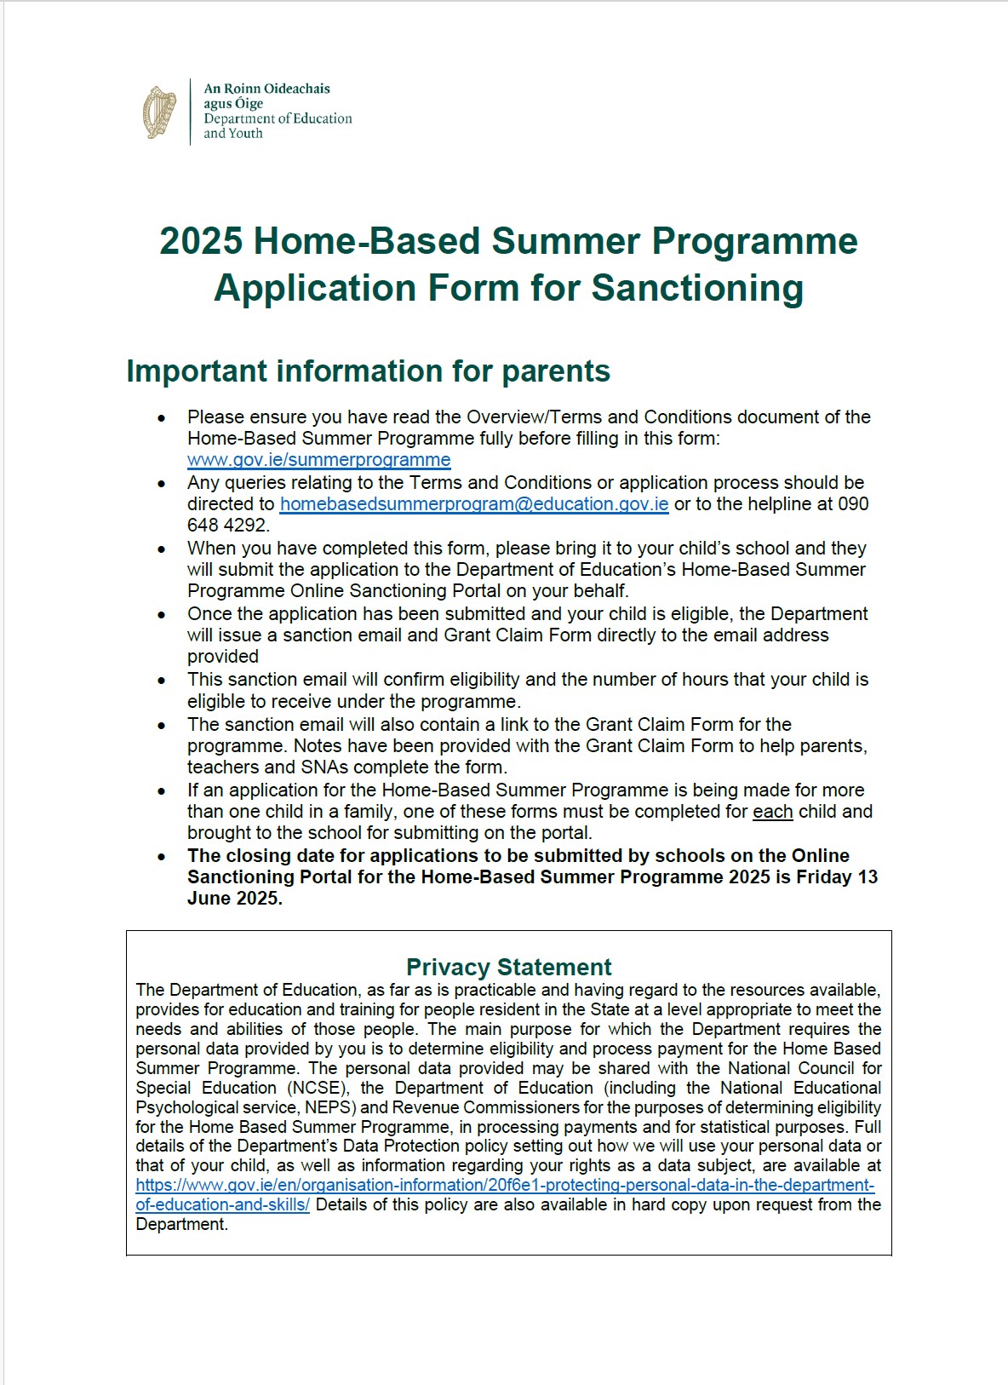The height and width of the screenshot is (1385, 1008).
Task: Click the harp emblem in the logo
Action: click(159, 112)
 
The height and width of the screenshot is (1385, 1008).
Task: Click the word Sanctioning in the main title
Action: click(697, 288)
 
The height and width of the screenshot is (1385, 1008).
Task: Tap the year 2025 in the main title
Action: click(201, 241)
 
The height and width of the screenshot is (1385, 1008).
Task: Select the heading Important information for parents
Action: click(368, 371)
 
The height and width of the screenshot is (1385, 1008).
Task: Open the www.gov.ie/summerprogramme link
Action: click(318, 460)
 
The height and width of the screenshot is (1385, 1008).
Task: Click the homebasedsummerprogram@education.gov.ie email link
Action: click(474, 504)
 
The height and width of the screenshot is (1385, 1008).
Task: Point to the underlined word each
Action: click(772, 812)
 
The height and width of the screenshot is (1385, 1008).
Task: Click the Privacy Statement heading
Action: click(508, 968)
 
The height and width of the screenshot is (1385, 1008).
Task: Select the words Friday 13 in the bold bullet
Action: click(836, 877)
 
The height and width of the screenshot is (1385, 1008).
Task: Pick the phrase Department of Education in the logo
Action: click(278, 118)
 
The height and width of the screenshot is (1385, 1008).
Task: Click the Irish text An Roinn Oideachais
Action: click(266, 89)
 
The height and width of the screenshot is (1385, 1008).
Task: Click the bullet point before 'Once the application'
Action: click(161, 614)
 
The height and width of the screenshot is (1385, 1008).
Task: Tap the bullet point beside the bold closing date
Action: click(161, 856)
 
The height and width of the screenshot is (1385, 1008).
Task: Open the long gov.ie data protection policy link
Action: click(504, 1186)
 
